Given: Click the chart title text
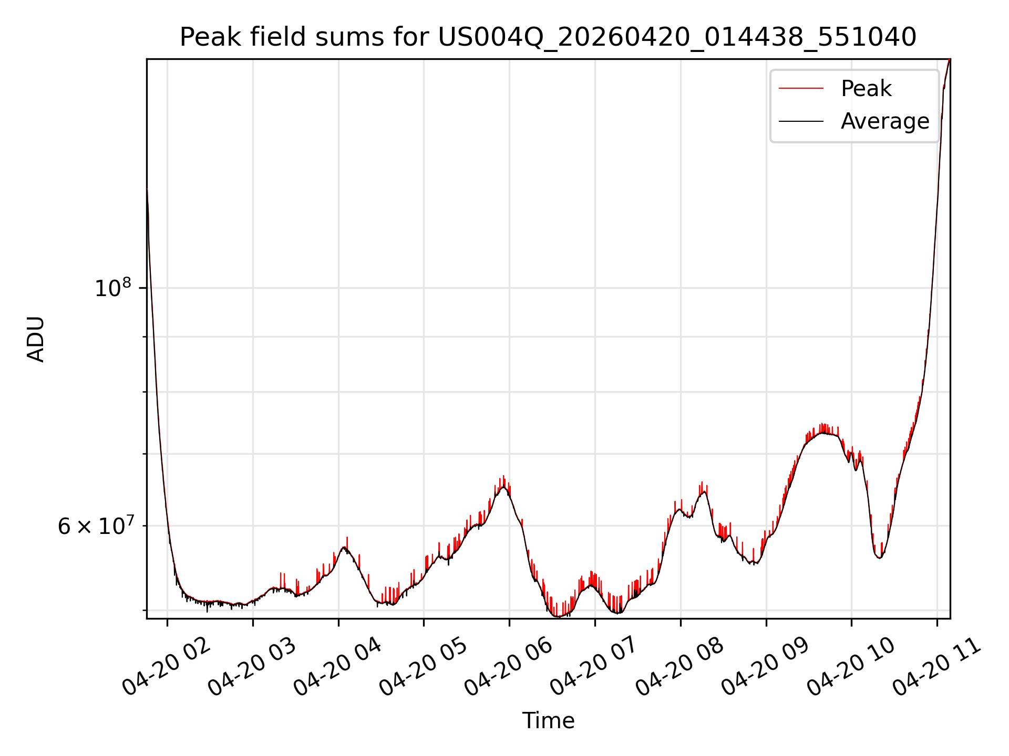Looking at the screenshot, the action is [x=548, y=37].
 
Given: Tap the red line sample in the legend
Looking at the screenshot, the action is [x=801, y=88].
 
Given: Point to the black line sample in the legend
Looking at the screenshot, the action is [x=801, y=121].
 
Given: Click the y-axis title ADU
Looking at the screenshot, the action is [x=36, y=339].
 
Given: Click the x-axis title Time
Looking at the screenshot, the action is [x=548, y=720].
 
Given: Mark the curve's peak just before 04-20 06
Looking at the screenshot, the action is [x=504, y=487].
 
